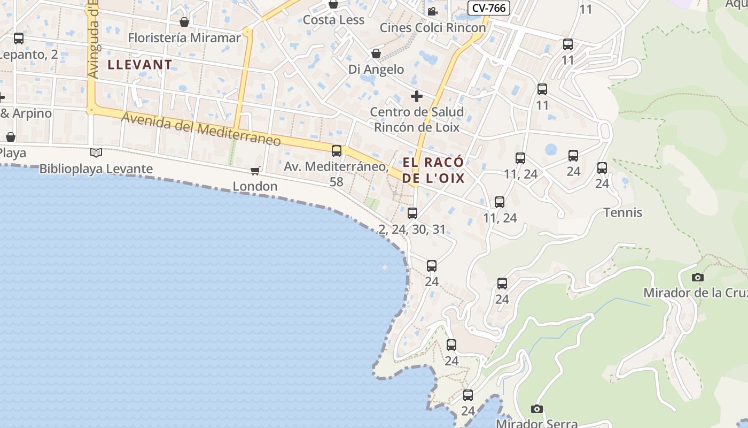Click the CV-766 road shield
coord(489,8)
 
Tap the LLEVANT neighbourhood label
coord(140,65)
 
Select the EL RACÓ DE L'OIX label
coord(433,170)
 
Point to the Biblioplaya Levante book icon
coord(96,153)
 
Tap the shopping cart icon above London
coord(255,171)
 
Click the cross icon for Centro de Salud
coord(416,96)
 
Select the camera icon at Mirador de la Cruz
coord(697,277)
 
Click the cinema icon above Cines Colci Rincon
coord(432,11)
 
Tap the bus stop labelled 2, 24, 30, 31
coord(412,213)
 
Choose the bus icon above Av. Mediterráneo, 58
coord(337,151)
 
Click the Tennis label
coord(623,212)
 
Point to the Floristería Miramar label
coord(184,38)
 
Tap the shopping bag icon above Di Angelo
coord(376,53)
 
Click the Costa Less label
coord(333,20)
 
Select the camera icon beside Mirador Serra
coord(537,409)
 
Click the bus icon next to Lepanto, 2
coord(19,39)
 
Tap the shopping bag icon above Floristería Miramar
coord(184,22)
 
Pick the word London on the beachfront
coord(255,186)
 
